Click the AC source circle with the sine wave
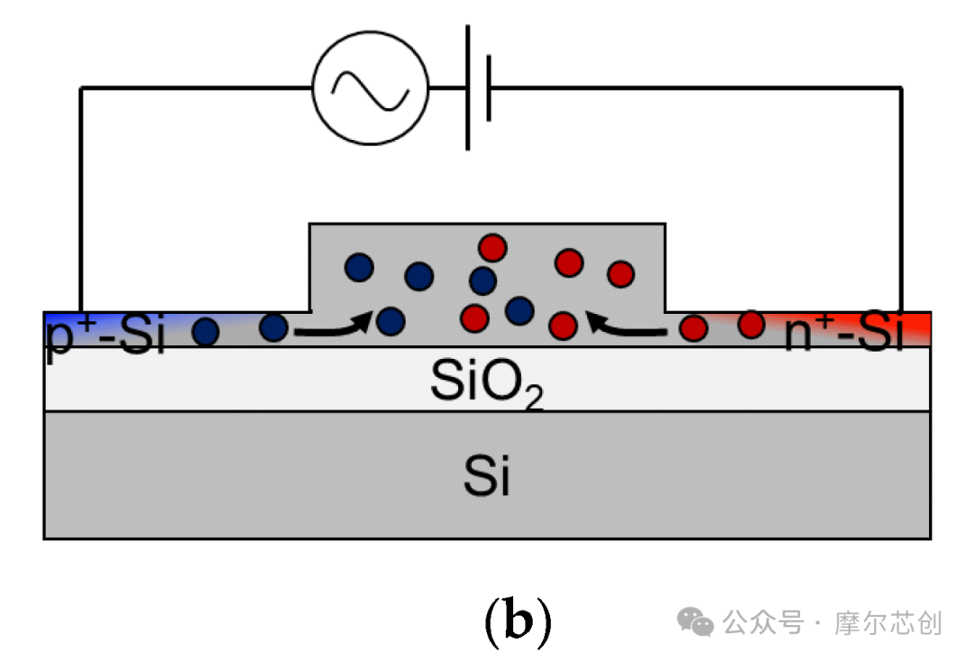pos(371,88)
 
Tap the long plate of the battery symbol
pos(468,87)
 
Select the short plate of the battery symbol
pos(489,87)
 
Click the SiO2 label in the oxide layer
pos(487,382)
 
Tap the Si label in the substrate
pos(487,475)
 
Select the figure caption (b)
pos(518,621)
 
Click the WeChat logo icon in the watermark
pos(695,622)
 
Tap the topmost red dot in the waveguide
pos(492,247)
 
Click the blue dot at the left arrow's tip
pos(391,322)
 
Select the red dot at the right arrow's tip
pos(563,325)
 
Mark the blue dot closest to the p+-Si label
pos(206,332)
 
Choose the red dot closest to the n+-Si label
pos(751,324)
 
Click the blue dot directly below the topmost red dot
pos(482,280)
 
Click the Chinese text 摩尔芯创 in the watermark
pos(887,623)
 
